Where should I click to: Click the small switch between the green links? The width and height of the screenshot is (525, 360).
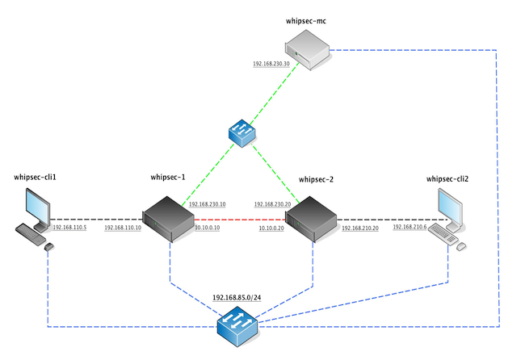(x=241, y=132)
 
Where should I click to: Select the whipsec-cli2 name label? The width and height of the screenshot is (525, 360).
(x=447, y=178)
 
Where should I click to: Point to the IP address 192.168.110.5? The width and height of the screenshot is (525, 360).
(x=69, y=228)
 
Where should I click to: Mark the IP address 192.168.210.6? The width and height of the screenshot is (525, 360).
(x=409, y=228)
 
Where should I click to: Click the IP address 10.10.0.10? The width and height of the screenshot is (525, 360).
(x=207, y=228)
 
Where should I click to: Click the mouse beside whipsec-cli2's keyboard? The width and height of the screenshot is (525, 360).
(x=461, y=245)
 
